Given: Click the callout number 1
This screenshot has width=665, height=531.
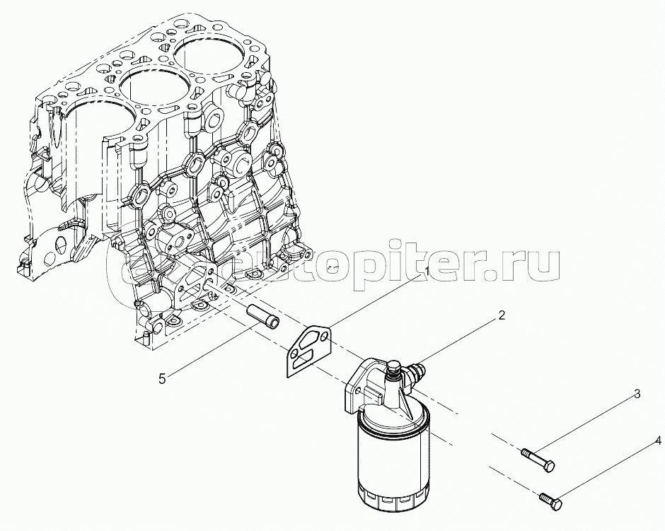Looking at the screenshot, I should pyautogui.click(x=427, y=271).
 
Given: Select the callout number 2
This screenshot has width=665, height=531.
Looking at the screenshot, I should pyautogui.click(x=502, y=316).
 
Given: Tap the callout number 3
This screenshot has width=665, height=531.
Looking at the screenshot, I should pyautogui.click(x=637, y=394).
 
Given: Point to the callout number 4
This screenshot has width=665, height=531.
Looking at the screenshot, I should pyautogui.click(x=658, y=441).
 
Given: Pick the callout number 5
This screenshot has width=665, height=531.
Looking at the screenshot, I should pyautogui.click(x=162, y=379).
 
